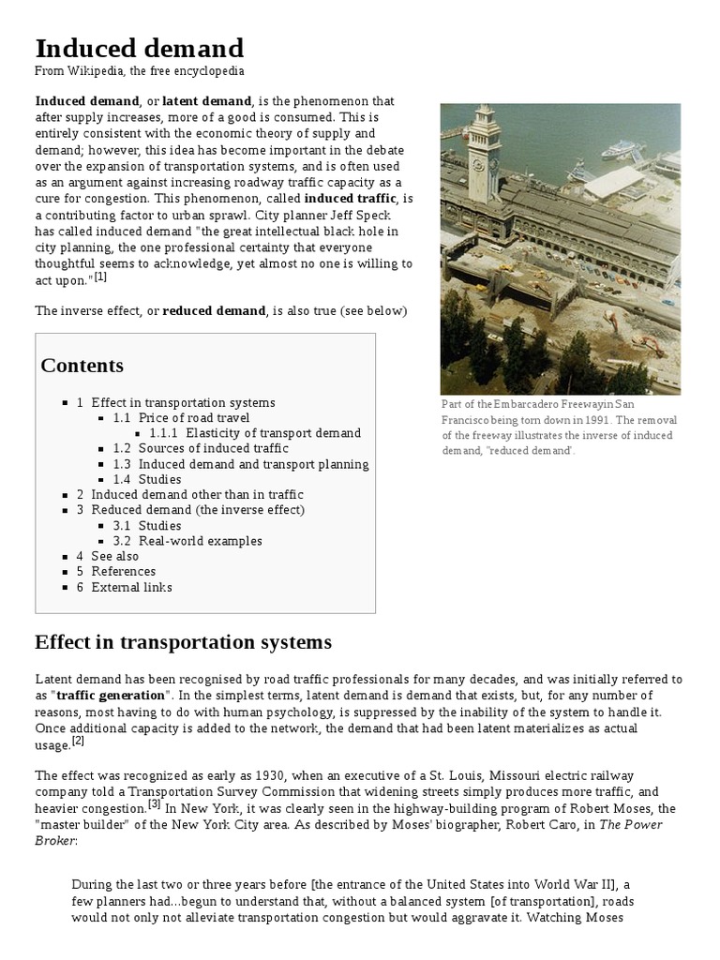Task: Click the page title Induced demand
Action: click(x=139, y=48)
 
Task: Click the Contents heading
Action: click(x=82, y=366)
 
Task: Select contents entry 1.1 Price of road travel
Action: click(x=194, y=418)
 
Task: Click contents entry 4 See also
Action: click(x=114, y=556)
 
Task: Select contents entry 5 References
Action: click(x=123, y=571)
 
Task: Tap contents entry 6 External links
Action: click(x=131, y=587)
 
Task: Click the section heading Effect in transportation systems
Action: click(x=183, y=642)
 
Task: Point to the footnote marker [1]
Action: click(x=100, y=277)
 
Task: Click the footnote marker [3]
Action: click(x=154, y=804)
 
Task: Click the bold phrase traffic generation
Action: click(x=112, y=695)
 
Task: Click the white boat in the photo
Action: click(x=622, y=149)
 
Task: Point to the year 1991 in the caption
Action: click(x=587, y=420)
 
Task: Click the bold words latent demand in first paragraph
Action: click(x=206, y=101)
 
